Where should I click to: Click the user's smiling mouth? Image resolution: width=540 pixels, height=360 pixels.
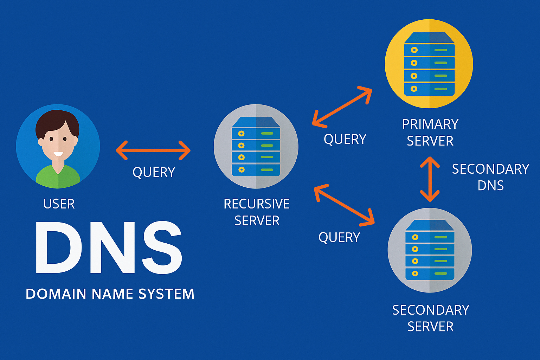pos(58,154)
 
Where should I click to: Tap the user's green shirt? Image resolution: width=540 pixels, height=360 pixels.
pos(58,178)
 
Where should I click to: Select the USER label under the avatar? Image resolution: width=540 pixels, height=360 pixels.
pos(59,204)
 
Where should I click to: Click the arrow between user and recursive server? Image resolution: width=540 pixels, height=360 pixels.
pos(153,150)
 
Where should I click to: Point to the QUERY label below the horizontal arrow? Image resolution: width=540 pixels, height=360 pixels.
pos(154,172)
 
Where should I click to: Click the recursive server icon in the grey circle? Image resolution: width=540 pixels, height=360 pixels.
pos(256,146)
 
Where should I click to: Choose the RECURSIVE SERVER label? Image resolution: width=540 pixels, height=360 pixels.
pos(257,212)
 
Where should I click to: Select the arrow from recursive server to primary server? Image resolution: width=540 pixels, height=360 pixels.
pos(342,106)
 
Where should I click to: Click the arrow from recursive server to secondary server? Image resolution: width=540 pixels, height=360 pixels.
pos(344,204)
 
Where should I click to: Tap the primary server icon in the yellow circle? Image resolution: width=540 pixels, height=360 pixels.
pos(429,64)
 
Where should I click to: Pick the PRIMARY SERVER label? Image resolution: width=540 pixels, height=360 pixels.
pos(430,133)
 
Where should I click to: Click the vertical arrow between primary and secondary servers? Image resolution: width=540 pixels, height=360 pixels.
pos(430,179)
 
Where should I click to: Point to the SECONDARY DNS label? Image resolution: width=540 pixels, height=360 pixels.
pos(490,177)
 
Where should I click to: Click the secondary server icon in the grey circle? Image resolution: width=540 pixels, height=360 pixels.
pos(430,250)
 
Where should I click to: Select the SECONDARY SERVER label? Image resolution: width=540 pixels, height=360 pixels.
pos(430,318)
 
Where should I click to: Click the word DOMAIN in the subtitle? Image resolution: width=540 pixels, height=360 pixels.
pos(56,294)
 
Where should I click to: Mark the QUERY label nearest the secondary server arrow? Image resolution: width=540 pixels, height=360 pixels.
pos(339,237)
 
